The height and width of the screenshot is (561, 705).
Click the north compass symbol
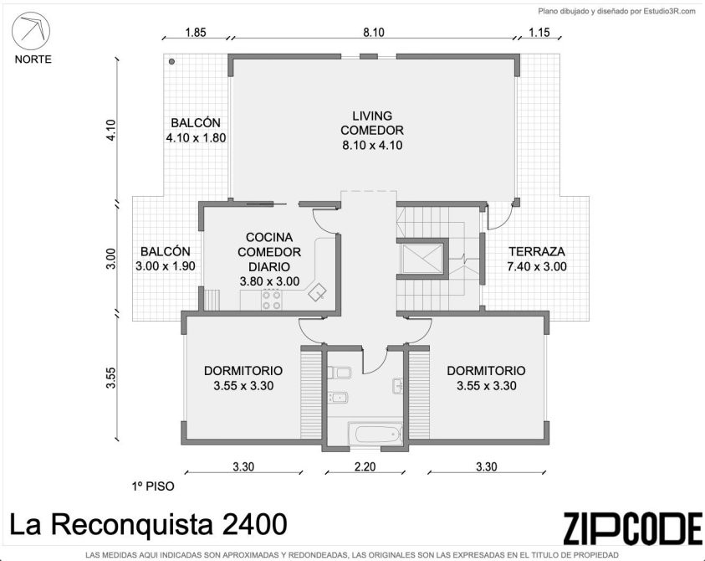point(31,31)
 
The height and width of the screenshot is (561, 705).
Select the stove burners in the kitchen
point(272,301)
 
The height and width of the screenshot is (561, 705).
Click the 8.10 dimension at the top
point(374,33)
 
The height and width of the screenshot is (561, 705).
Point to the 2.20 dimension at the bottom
point(365,466)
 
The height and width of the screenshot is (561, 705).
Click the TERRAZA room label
point(536,252)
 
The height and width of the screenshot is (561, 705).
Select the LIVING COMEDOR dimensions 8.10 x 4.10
point(372,146)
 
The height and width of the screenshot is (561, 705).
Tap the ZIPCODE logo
point(632,528)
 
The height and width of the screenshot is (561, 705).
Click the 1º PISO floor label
point(153,486)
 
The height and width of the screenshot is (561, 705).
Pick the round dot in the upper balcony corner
point(171,62)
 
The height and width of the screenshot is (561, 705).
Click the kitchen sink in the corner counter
point(318,291)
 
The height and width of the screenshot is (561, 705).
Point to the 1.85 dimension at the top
point(196,33)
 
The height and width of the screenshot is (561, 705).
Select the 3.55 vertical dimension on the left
point(111,378)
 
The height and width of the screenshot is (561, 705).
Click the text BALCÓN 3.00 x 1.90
point(166,259)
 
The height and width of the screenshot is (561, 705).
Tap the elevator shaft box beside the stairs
point(422,259)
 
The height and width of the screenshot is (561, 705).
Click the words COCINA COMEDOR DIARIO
point(269,252)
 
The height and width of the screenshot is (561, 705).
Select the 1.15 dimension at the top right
point(539,33)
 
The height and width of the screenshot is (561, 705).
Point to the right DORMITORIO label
point(486,371)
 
